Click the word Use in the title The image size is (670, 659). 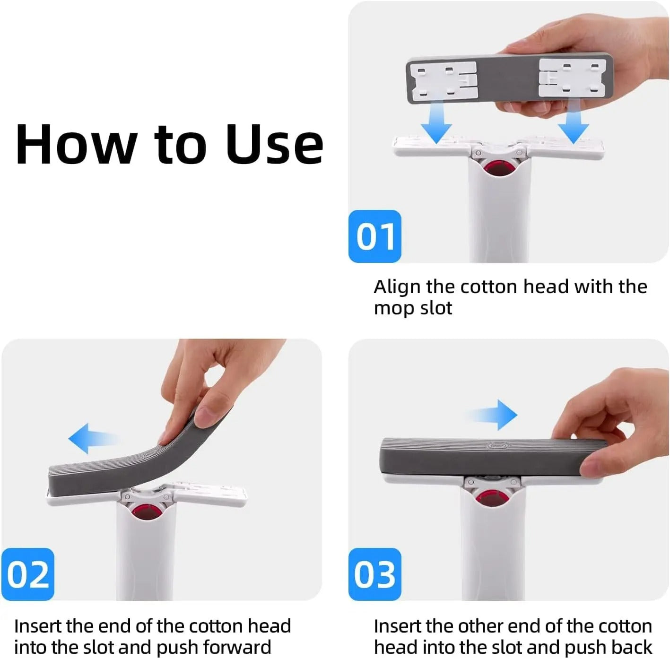point(274,144)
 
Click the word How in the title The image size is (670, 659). point(76,144)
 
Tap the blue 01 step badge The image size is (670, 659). point(374,236)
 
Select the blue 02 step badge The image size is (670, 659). point(28,574)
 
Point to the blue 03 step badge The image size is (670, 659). point(374,574)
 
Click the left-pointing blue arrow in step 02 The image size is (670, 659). point(92,438)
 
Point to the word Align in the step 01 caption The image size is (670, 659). point(397,287)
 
